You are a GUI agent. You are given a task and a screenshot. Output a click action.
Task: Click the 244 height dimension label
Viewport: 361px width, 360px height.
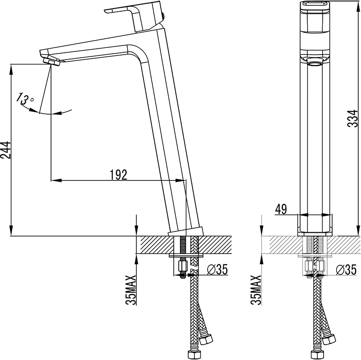(5, 150)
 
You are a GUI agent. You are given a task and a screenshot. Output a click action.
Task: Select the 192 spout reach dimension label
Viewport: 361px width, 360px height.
(118, 175)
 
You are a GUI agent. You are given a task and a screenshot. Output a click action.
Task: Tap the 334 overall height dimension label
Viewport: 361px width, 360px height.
(353, 118)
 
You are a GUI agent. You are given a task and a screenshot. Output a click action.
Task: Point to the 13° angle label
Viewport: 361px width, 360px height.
(25, 98)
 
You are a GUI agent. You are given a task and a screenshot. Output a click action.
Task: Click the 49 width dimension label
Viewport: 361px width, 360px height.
(281, 209)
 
